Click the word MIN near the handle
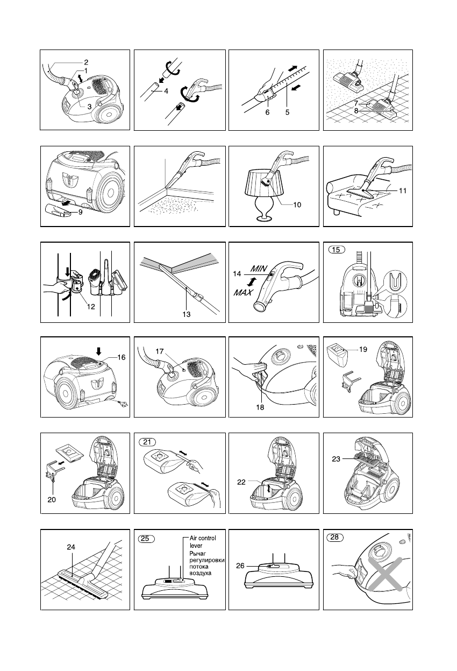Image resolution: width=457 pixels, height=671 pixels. tap(259, 269)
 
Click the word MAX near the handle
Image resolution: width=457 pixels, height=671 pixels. tap(243, 292)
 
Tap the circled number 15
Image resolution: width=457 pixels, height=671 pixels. tap(337, 250)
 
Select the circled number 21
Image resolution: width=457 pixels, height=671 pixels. tap(147, 442)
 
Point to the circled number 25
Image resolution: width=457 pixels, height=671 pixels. tap(146, 539)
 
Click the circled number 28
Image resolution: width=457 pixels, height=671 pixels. tap(334, 537)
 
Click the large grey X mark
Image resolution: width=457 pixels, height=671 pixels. tap(385, 574)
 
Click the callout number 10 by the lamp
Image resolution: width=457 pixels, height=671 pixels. tap(297, 205)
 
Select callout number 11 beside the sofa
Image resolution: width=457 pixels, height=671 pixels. tap(403, 191)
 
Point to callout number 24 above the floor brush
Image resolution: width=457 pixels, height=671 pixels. tap(71, 547)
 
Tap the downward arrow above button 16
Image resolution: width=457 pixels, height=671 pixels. tap(99, 351)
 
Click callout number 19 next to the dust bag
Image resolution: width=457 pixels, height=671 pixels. tap(363, 349)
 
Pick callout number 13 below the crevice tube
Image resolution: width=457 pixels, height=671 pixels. tap(187, 314)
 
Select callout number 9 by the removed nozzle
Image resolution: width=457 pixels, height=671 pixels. tap(81, 212)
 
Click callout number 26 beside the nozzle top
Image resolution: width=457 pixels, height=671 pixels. tap(240, 566)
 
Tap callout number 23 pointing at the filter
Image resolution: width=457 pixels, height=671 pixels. tap(336, 459)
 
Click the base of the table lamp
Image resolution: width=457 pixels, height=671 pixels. tap(265, 218)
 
